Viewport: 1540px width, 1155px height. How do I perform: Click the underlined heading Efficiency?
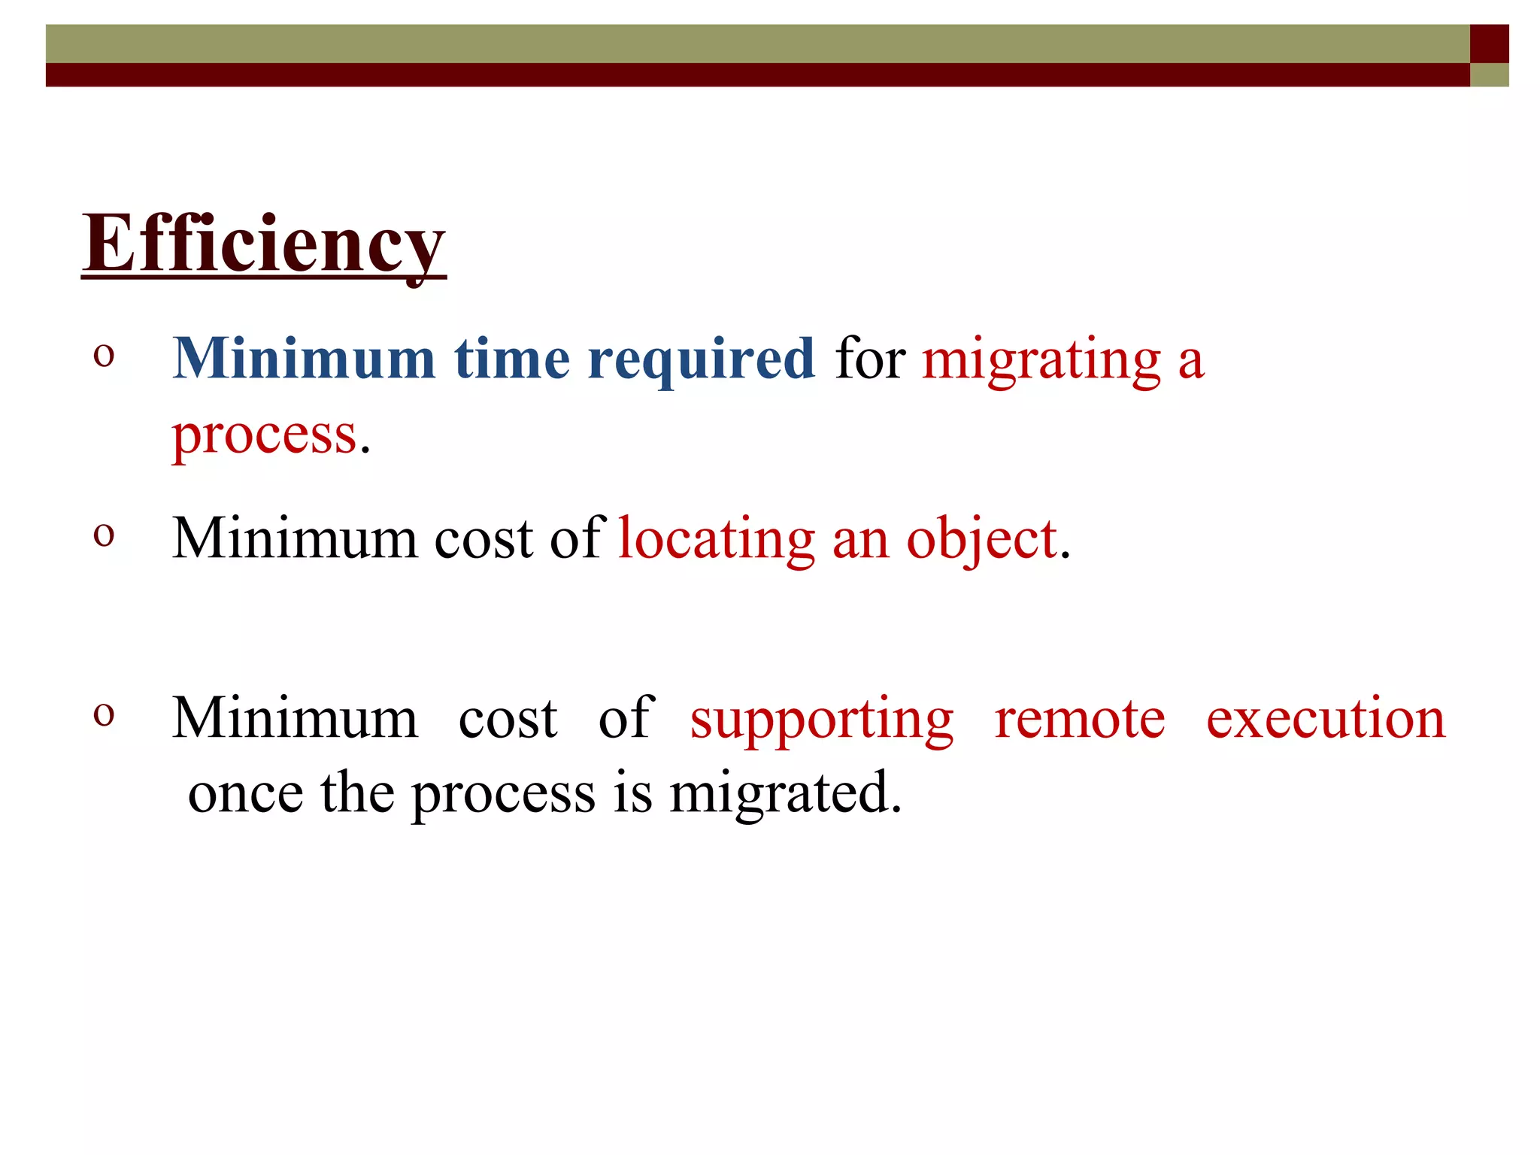pos(263,244)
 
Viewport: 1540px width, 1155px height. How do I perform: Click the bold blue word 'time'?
pos(512,359)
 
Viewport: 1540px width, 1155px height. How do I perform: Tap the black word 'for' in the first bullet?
pos(870,359)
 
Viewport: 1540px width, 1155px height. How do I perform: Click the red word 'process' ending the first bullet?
pos(264,436)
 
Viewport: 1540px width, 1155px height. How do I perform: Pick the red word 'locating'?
pos(716,540)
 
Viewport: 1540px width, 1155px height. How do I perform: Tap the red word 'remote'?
pos(1080,720)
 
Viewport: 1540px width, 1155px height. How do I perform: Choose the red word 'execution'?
pos(1326,720)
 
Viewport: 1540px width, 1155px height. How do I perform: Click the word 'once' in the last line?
pos(246,794)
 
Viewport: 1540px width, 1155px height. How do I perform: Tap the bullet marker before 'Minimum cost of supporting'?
pos(104,714)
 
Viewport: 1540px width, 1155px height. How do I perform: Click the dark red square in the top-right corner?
pos(1489,44)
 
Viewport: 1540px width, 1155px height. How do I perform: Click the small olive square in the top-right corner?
pos(1489,75)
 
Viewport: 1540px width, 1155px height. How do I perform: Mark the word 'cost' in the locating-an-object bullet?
pos(484,540)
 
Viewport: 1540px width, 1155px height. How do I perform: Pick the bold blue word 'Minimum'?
pos(304,359)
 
